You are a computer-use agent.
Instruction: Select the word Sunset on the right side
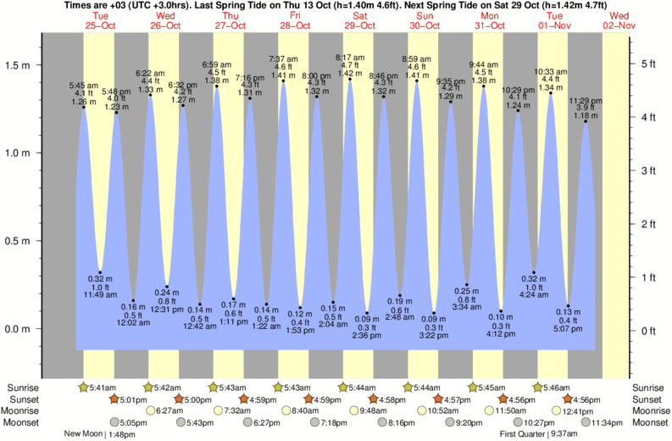[x=647, y=399]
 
